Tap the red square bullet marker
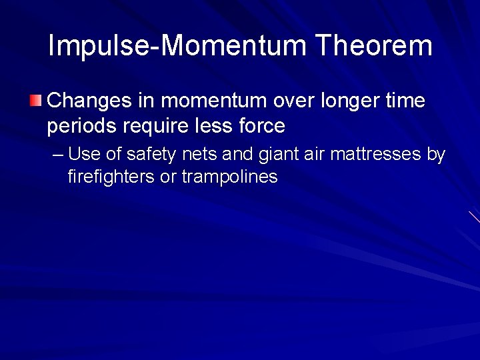pyautogui.click(x=35, y=101)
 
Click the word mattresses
pyautogui.click(x=378, y=155)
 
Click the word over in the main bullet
pyautogui.click(x=295, y=101)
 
